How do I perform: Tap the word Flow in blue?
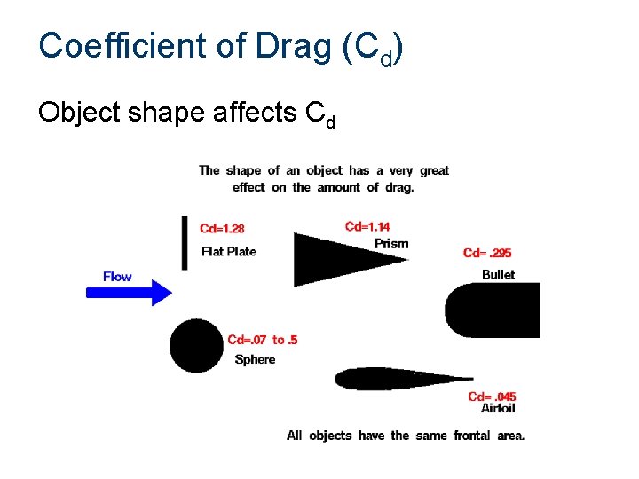tap(117, 277)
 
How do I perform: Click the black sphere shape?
tap(196, 346)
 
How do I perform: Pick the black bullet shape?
tap(493, 310)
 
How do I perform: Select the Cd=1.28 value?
tap(222, 230)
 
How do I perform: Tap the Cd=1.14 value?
tap(367, 227)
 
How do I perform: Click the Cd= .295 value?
tap(487, 254)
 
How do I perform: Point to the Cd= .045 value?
tap(492, 397)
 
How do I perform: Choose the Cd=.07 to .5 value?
tap(263, 340)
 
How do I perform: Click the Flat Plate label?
tap(228, 252)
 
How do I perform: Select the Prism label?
tap(391, 243)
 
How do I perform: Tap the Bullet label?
tap(498, 274)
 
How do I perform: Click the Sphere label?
tap(255, 359)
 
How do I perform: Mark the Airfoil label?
tap(497, 408)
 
